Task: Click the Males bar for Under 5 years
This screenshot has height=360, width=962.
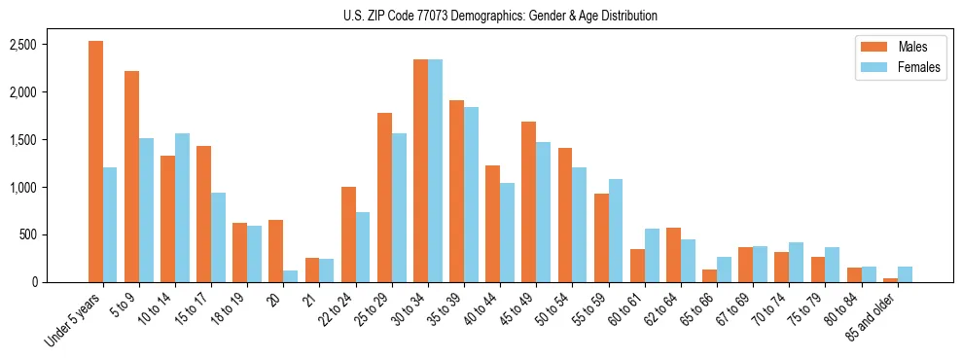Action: pyautogui.click(x=95, y=162)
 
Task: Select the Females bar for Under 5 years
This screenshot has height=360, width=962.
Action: pyautogui.click(x=110, y=225)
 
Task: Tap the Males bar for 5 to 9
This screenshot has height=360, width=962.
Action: pyautogui.click(x=131, y=176)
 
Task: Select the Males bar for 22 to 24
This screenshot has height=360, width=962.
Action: pyautogui.click(x=348, y=234)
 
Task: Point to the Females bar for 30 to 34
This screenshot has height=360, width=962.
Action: pyautogui.click(x=435, y=170)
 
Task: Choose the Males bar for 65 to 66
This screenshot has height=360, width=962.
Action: pyautogui.click(x=709, y=275)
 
